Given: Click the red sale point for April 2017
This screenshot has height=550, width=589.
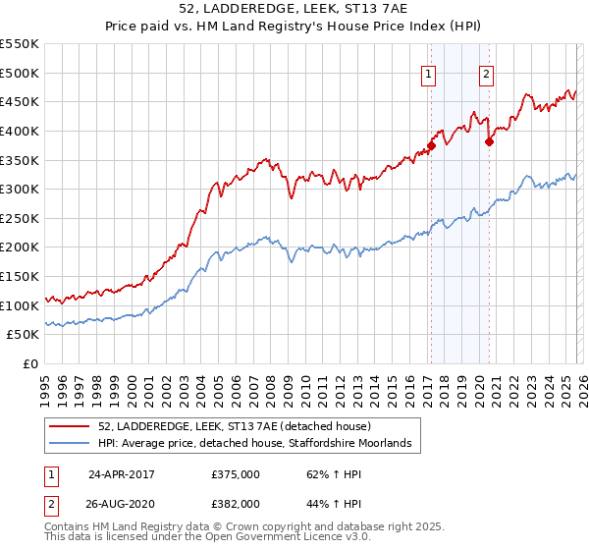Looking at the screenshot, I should pyautogui.click(x=431, y=144).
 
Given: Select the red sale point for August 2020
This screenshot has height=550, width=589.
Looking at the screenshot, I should pyautogui.click(x=489, y=140).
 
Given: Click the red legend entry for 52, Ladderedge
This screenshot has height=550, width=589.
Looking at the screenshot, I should pyautogui.click(x=234, y=426).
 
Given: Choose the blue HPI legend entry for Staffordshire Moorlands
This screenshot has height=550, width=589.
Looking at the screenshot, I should pyautogui.click(x=259, y=444).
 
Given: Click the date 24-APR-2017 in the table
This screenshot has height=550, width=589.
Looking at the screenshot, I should pyautogui.click(x=122, y=472).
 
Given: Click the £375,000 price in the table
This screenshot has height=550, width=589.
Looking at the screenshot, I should pyautogui.click(x=236, y=472).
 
